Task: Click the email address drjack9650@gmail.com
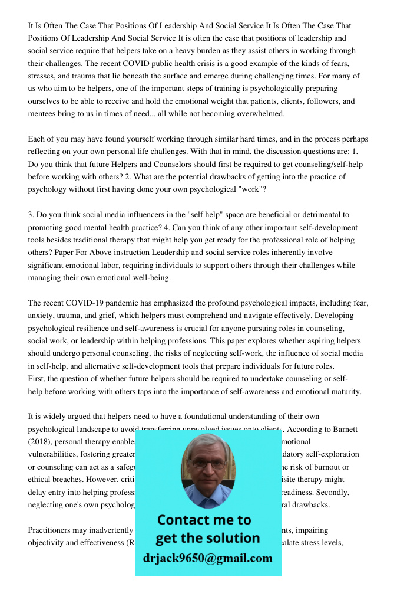[x=208, y=558]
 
